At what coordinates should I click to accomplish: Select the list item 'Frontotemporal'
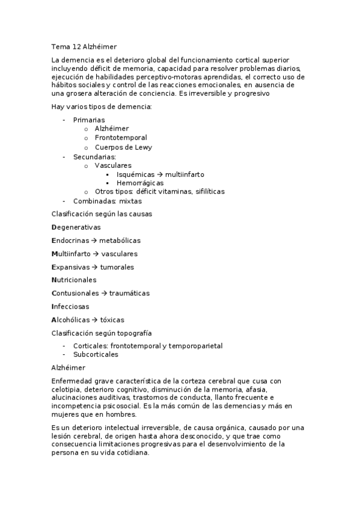(120, 138)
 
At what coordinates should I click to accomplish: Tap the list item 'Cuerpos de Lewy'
(123, 147)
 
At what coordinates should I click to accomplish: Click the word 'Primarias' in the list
(89, 120)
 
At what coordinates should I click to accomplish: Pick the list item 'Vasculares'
(113, 165)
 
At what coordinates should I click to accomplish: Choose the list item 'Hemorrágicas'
(140, 183)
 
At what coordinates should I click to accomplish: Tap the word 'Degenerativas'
(76, 227)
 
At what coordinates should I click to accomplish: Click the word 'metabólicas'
(120, 241)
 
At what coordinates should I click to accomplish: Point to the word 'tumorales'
(117, 267)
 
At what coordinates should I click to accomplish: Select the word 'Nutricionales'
(74, 280)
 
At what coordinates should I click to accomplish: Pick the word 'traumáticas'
(129, 293)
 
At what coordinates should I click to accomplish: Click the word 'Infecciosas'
(71, 307)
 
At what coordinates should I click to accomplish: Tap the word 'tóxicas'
(112, 320)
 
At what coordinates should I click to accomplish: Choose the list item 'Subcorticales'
(96, 354)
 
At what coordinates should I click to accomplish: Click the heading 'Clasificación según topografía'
(102, 333)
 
